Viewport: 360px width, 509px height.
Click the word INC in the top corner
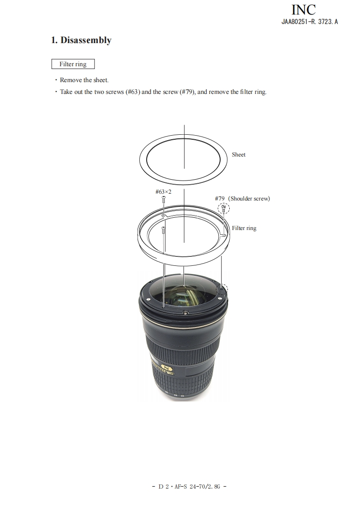pyautogui.click(x=303, y=10)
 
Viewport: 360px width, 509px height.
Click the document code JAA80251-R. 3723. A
pyautogui.click(x=310, y=22)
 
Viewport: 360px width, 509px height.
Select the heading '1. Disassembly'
pyautogui.click(x=81, y=40)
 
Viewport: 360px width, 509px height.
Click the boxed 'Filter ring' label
pyautogui.click(x=73, y=64)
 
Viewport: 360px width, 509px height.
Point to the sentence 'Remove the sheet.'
pyautogui.click(x=84, y=80)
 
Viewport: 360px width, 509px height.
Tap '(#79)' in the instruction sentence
pyautogui.click(x=187, y=92)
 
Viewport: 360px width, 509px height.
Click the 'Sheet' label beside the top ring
pyautogui.click(x=238, y=155)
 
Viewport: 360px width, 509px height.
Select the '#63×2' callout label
pyautogui.click(x=163, y=191)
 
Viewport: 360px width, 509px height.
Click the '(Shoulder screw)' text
pyautogui.click(x=249, y=198)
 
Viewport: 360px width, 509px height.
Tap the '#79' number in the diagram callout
pyautogui.click(x=220, y=198)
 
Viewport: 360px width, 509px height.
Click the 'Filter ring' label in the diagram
pyautogui.click(x=244, y=228)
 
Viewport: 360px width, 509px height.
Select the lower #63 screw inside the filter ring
pyautogui.click(x=163, y=230)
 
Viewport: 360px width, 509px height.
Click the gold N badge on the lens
pyautogui.click(x=167, y=368)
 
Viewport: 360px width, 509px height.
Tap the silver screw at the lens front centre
pyautogui.click(x=185, y=313)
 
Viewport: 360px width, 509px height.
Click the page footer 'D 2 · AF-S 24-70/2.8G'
pyautogui.click(x=189, y=486)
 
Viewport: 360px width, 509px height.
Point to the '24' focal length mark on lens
pyautogui.click(x=182, y=396)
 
